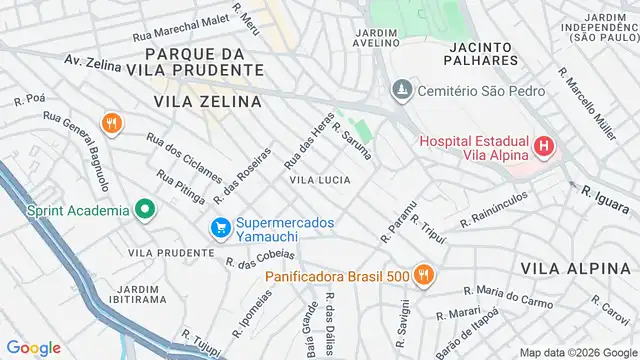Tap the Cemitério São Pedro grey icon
pos(401,89)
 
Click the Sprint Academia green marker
pos(144,210)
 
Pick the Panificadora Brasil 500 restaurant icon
pos(424,275)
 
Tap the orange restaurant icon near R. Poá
pos(111,125)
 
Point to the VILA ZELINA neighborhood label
pos(207,101)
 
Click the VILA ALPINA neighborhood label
pos(565,268)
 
